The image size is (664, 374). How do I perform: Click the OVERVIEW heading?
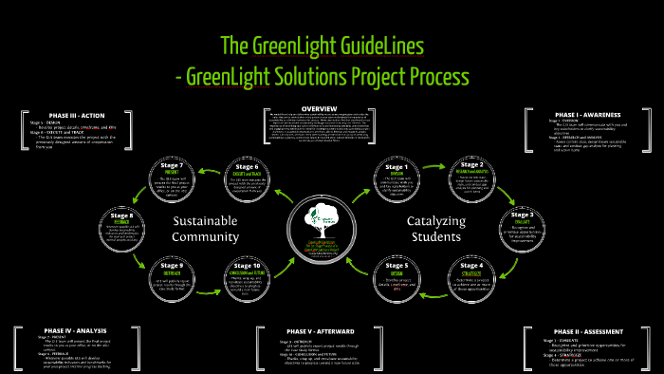click(326, 109)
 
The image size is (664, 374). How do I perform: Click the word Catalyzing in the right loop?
click(434, 221)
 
